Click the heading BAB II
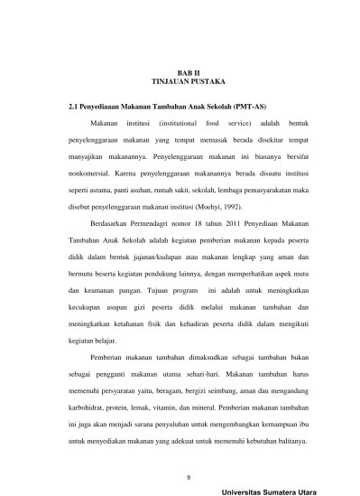[180, 69]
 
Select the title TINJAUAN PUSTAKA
[180, 80]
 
